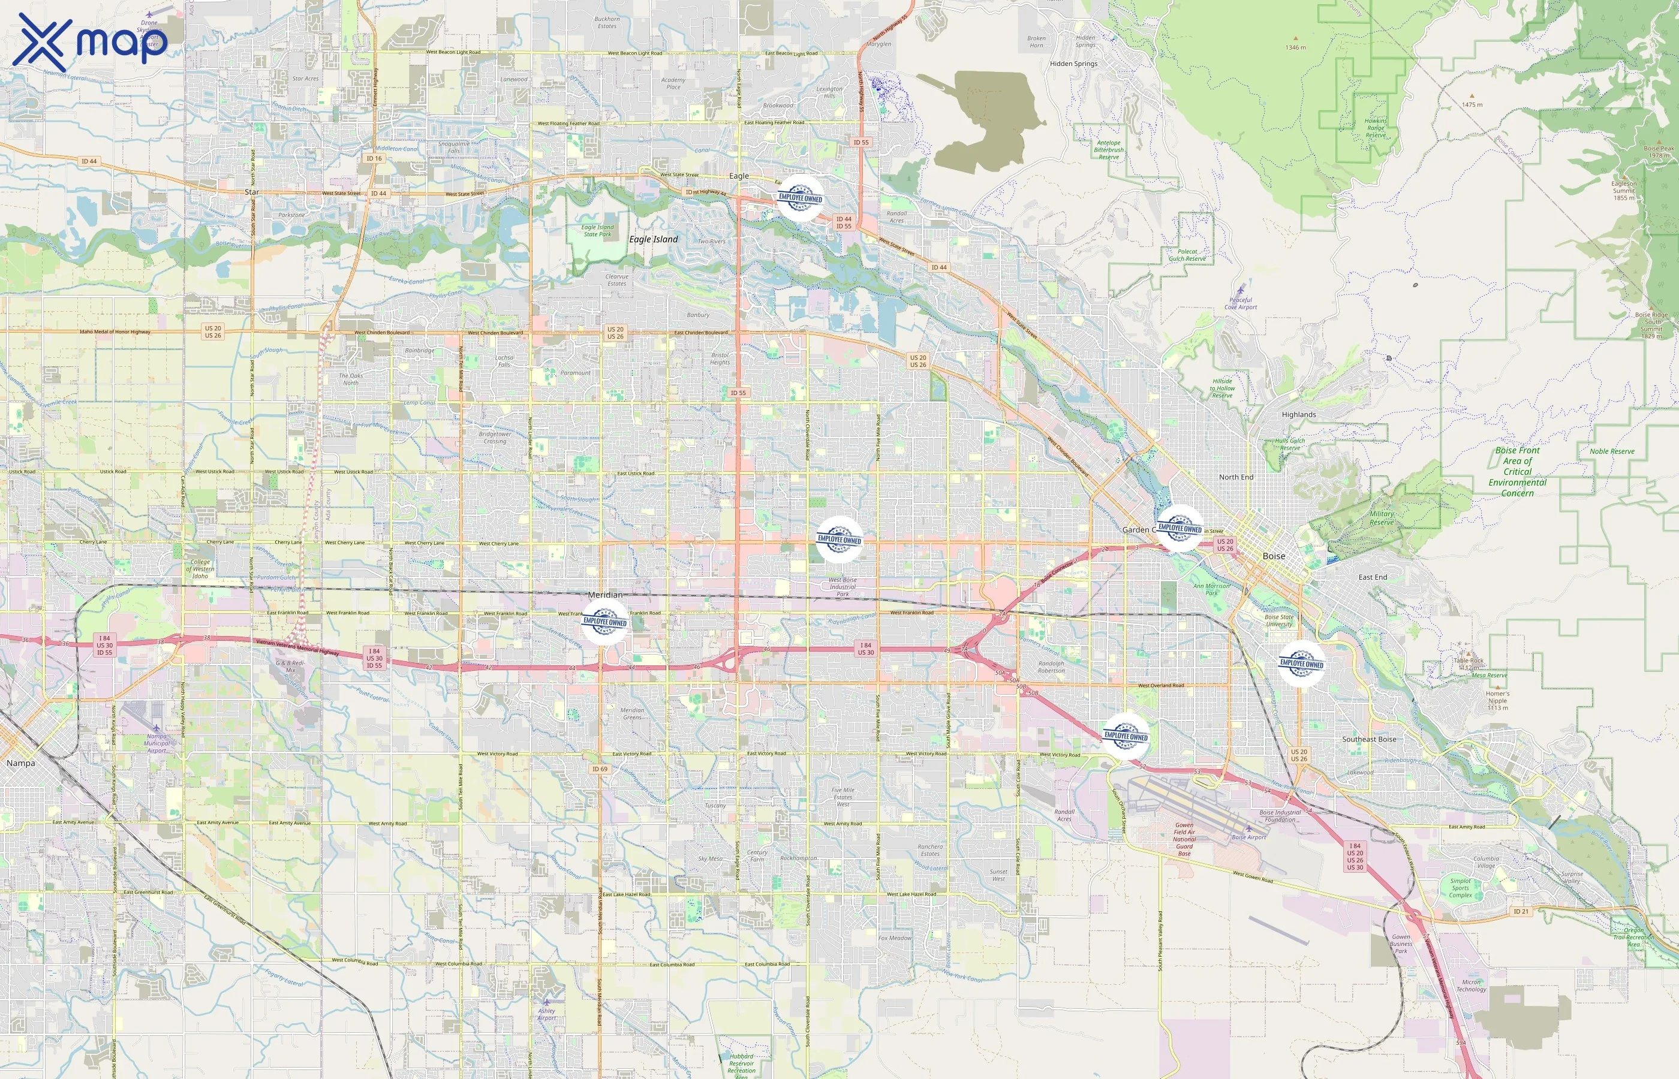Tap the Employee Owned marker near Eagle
799,198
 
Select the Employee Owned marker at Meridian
605,622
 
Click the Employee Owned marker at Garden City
1179,528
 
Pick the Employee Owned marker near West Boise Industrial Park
839,539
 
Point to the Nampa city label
20,763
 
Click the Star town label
252,191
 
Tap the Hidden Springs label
1073,64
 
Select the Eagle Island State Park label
598,231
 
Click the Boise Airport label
1248,837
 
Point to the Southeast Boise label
1368,739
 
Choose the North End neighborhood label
1236,477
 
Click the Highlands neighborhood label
1298,415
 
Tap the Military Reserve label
1381,518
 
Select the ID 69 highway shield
600,768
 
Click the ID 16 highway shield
374,158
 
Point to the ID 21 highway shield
1521,912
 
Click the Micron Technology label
1471,986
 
